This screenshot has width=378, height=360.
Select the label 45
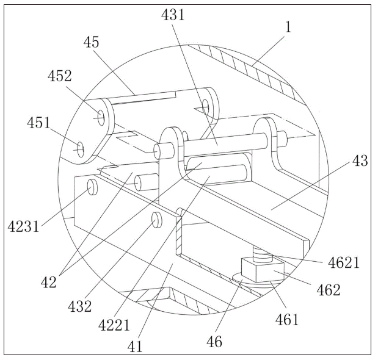[92, 42]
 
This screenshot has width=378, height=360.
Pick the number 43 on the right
[360, 161]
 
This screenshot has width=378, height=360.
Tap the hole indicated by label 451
[79, 147]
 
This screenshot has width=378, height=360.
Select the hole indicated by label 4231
[92, 187]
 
